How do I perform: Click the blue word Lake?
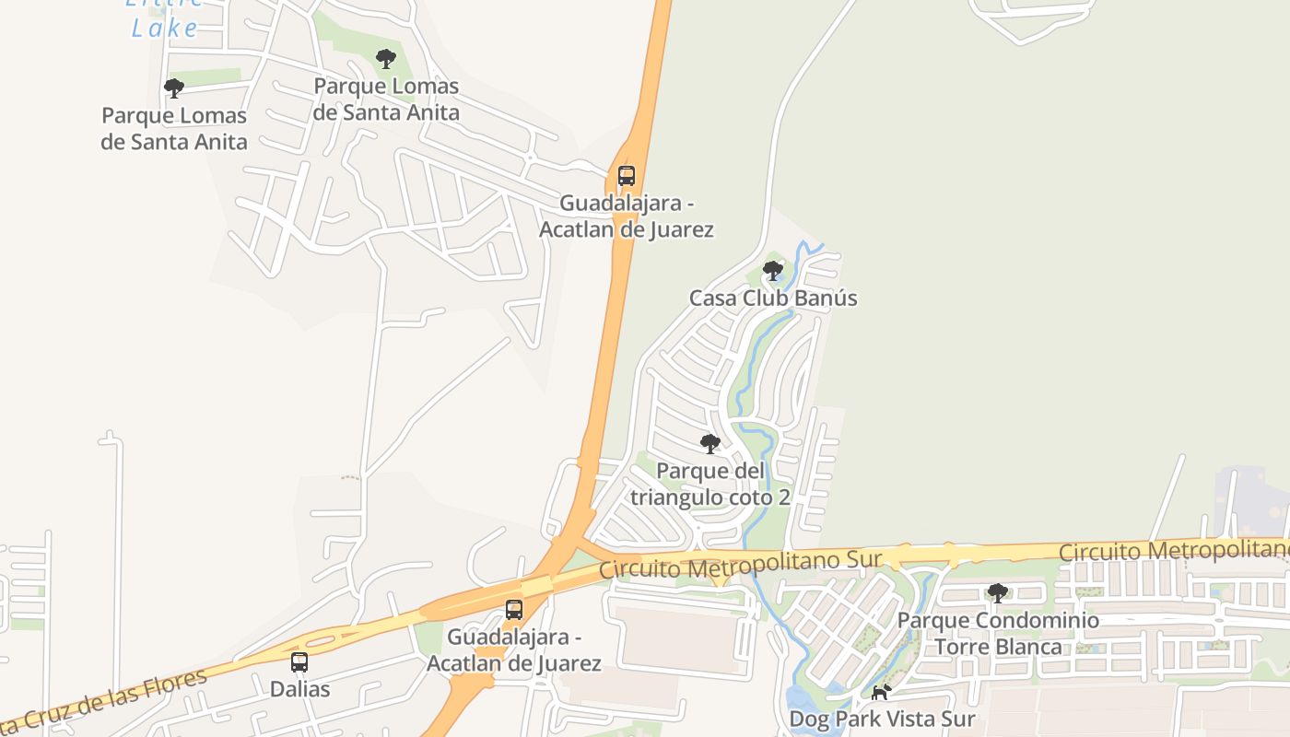(x=165, y=28)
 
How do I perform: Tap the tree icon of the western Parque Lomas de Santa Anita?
(x=173, y=88)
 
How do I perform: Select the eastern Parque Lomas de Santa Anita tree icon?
(x=386, y=59)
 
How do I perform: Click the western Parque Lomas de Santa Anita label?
(x=174, y=129)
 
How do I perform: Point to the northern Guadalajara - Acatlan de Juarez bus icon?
(x=627, y=175)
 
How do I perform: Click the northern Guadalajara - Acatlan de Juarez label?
(x=627, y=216)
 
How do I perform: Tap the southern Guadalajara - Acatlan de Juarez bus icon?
(x=514, y=610)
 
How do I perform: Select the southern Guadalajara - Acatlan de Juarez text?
(x=514, y=649)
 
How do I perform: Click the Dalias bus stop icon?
(x=299, y=661)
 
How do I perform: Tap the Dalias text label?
(x=299, y=689)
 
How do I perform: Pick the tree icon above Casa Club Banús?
(x=773, y=271)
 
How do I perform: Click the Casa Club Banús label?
(x=773, y=298)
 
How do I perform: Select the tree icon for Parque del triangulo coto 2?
(x=709, y=444)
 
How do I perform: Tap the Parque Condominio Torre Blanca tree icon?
(x=997, y=593)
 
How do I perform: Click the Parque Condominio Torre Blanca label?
(x=998, y=634)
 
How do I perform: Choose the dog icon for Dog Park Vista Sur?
(x=882, y=692)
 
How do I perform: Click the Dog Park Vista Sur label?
(x=882, y=719)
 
